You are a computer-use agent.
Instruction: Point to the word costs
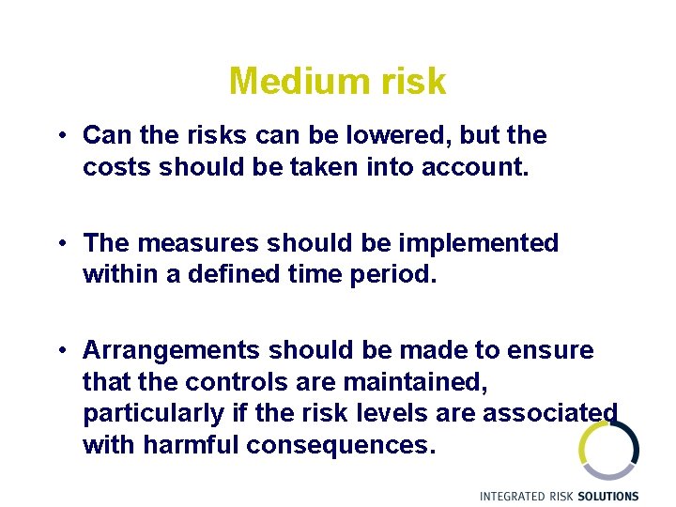[117, 167]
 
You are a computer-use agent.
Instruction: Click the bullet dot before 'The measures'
[59, 243]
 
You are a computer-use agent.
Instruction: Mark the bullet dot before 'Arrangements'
[59, 351]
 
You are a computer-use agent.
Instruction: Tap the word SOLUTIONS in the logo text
[609, 496]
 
